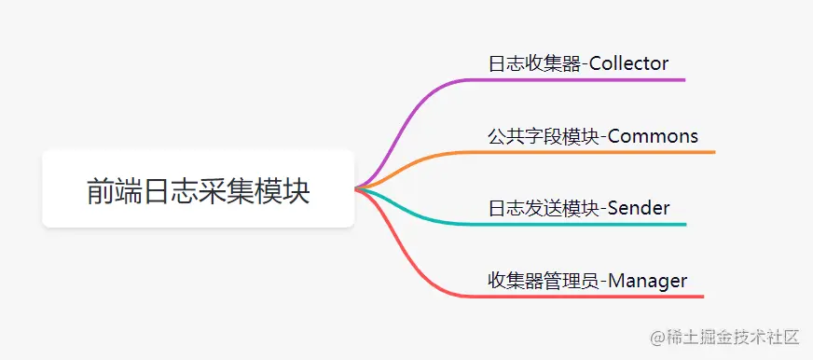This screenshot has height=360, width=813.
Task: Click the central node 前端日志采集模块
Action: pyautogui.click(x=198, y=189)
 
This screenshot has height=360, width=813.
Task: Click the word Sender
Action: pyautogui.click(x=639, y=208)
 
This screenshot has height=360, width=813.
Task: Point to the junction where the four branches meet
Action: pyautogui.click(x=358, y=188)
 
